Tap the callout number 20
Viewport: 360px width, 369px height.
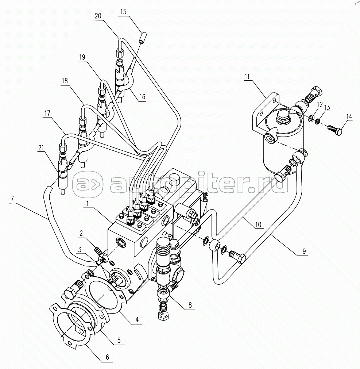[97, 17]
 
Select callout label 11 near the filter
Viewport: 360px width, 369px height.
[247, 76]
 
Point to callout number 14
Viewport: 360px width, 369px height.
[349, 117]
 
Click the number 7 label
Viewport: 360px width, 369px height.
[12, 199]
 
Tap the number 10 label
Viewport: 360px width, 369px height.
[258, 224]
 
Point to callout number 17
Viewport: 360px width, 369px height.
[47, 114]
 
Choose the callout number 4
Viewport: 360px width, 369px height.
[137, 320]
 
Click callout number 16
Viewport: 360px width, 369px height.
[142, 97]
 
